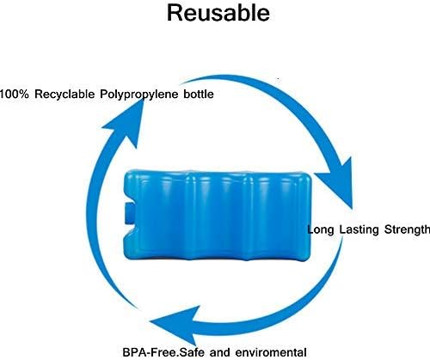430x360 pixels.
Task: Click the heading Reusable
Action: point(218,13)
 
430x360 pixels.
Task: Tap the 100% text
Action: point(15,94)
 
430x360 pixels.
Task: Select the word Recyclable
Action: point(64,95)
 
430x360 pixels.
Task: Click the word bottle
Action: point(199,94)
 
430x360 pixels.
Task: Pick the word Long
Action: point(321,230)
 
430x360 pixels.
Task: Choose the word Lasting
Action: point(359,230)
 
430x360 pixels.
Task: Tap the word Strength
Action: point(407,229)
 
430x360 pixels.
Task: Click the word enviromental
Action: point(271,352)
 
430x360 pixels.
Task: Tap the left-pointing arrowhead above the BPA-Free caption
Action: point(175,325)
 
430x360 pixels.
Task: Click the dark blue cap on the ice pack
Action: point(130,213)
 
